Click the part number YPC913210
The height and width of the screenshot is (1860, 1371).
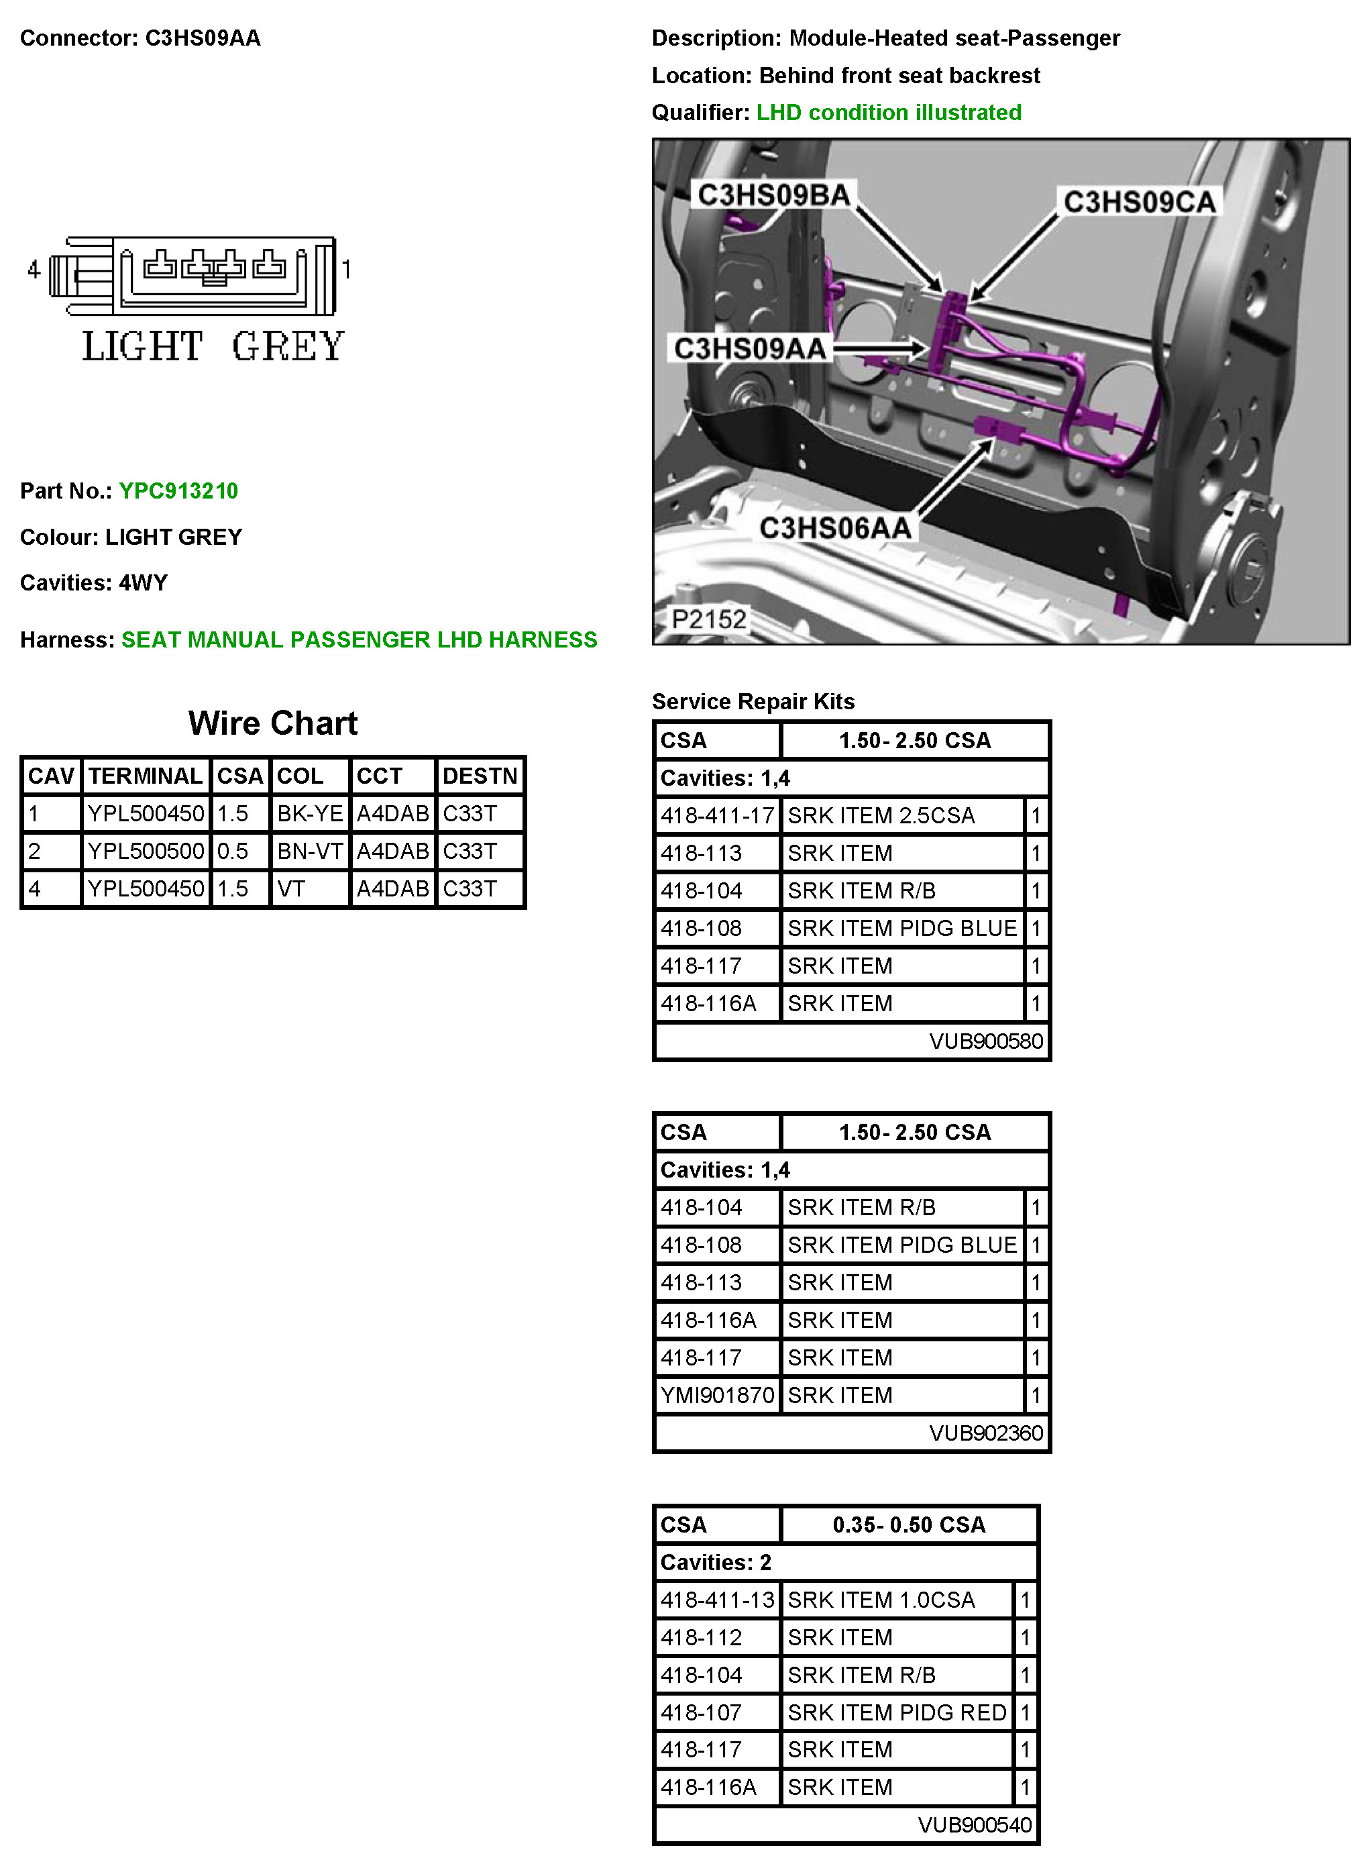coord(178,490)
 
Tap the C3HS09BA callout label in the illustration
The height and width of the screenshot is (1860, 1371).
coord(773,195)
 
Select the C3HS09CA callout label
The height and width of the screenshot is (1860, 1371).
coord(1139,202)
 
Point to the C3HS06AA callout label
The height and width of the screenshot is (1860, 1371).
coord(835,528)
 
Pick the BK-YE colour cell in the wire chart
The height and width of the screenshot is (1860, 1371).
coord(310,813)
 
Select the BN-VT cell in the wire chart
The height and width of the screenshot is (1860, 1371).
coord(310,851)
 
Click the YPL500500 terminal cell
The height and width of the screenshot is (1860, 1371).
coord(146,851)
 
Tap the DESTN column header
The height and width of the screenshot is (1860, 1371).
coord(480,776)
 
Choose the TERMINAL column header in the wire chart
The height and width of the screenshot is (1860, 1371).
coord(146,776)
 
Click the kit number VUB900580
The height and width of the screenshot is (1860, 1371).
coord(985,1041)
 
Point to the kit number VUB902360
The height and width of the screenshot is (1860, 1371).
coord(985,1433)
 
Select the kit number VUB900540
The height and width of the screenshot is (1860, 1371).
coord(975,1824)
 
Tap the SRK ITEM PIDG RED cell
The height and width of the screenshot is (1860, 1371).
coord(896,1712)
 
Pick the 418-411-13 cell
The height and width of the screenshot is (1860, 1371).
coord(717,1600)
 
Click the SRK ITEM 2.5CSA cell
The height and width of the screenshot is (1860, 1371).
coord(881,816)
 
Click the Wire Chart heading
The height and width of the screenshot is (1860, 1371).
coord(273,723)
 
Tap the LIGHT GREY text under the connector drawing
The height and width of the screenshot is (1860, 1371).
coord(213,346)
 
